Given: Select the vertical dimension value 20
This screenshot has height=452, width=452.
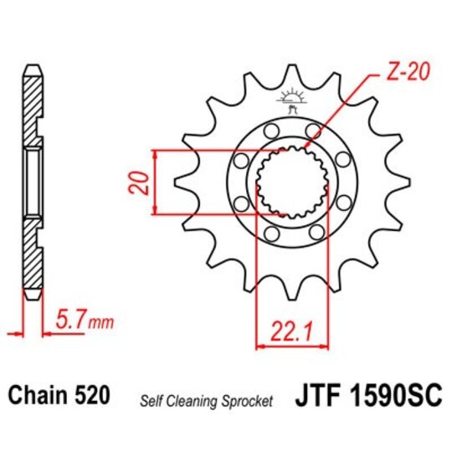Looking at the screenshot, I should pyautogui.click(x=143, y=182).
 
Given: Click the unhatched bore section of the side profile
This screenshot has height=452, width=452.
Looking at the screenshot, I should pyautogui.click(x=32, y=180).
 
